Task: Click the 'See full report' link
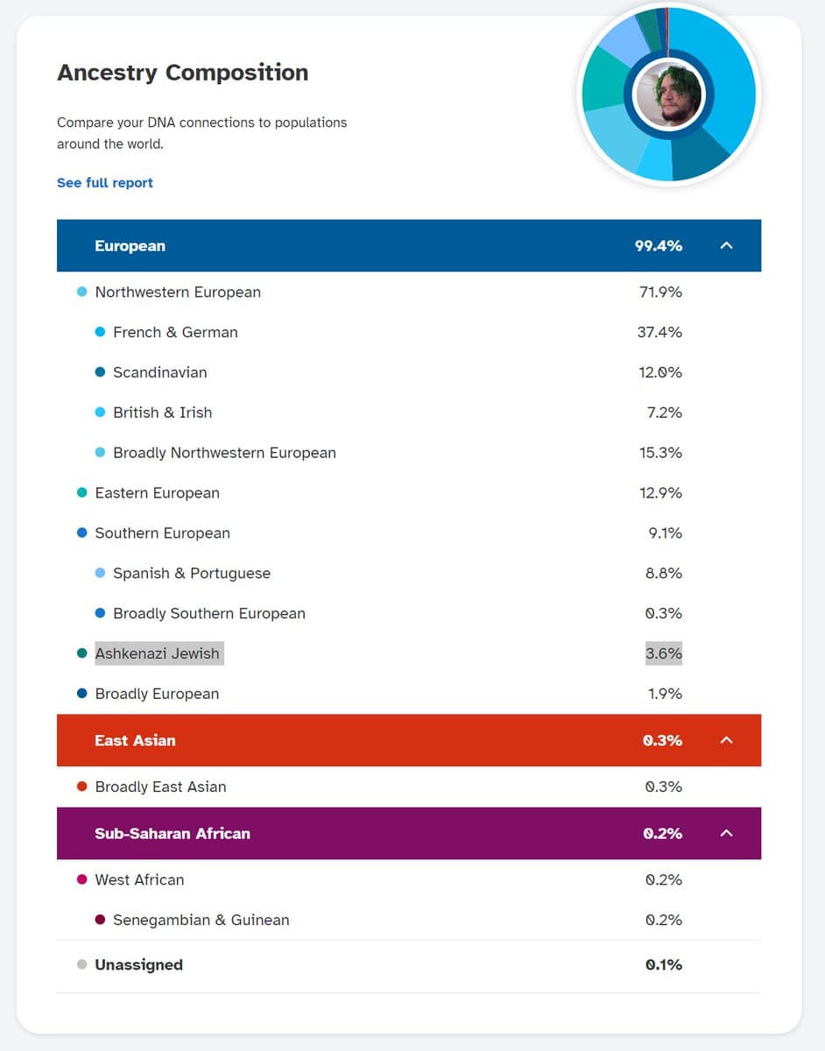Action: click(x=105, y=183)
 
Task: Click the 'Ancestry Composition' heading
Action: click(x=182, y=72)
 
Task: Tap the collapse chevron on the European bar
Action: click(x=726, y=245)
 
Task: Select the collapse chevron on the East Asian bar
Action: click(x=726, y=740)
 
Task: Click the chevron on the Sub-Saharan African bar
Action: click(x=726, y=833)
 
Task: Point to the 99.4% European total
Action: click(x=659, y=245)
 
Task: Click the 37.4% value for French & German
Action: click(x=659, y=332)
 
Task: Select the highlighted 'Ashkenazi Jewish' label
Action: click(x=158, y=653)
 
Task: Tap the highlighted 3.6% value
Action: click(x=664, y=653)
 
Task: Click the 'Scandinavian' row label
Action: click(x=160, y=372)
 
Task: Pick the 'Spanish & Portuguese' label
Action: click(x=192, y=574)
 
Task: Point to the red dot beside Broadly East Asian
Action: click(x=82, y=786)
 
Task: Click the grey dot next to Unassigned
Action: click(x=82, y=964)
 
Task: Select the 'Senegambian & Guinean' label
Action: click(x=201, y=920)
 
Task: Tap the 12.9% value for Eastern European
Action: click(x=661, y=493)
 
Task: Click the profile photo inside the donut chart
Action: click(x=669, y=94)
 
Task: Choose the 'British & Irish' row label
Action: click(x=163, y=413)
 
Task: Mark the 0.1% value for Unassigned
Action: click(x=664, y=964)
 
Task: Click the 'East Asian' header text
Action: click(x=135, y=740)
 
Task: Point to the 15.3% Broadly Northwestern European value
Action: click(x=661, y=453)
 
